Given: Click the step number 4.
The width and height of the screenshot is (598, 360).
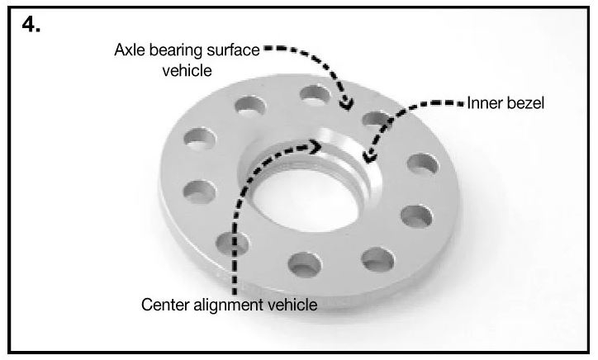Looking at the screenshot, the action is tap(31, 25).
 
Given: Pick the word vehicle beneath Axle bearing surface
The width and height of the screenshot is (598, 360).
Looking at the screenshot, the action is tap(187, 70).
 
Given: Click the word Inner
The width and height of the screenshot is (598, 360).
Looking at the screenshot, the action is tap(482, 103).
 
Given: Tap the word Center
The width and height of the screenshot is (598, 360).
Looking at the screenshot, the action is tap(165, 305).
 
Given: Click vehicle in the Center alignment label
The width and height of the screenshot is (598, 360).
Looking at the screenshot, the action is tap(292, 305).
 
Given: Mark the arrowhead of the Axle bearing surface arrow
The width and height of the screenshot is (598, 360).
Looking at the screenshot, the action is tap(346, 104).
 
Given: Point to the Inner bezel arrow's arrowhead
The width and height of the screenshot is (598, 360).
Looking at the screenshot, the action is tap(368, 157).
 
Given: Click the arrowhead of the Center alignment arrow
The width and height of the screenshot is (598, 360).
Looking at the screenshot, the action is tap(316, 147).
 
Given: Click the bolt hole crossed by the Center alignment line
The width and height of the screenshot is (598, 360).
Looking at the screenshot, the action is tap(232, 244).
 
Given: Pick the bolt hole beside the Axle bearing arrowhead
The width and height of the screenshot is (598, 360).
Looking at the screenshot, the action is tap(315, 94).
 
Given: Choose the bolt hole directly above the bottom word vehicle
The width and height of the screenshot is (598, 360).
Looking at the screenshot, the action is tap(304, 264).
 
